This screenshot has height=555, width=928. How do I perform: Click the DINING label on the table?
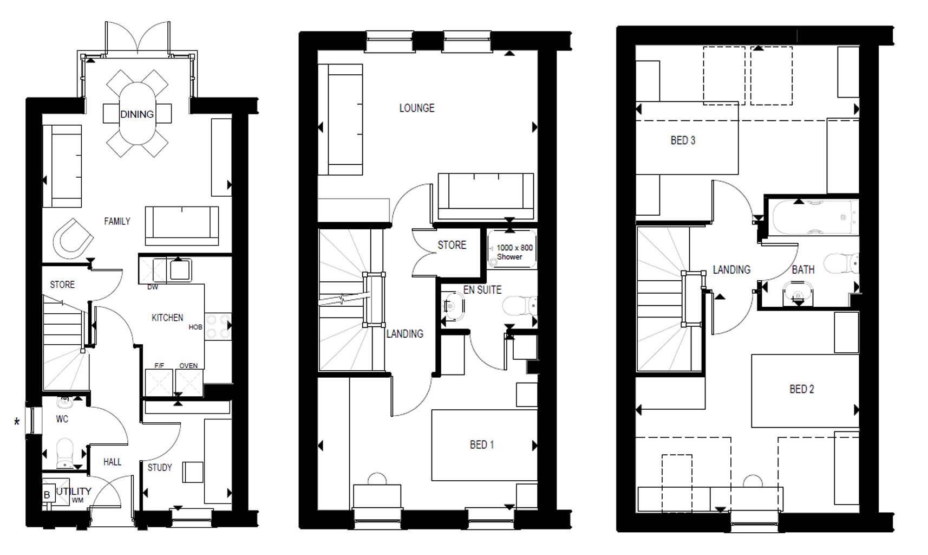coord(137,114)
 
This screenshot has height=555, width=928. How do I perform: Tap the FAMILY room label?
coord(117,221)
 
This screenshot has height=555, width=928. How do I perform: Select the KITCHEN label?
coord(167,318)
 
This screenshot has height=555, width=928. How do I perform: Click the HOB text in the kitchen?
coord(195,327)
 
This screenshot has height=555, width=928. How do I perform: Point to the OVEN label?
coord(188,366)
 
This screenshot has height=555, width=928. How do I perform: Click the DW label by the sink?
coord(153,287)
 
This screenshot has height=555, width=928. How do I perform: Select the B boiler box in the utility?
coord(47,494)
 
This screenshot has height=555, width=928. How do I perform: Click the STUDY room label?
coord(160,467)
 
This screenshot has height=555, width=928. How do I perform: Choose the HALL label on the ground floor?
coord(112,462)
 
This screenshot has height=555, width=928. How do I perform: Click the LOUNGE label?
coord(416,108)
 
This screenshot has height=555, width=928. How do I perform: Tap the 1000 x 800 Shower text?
coord(514,252)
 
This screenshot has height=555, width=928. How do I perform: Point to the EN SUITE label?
coord(482,290)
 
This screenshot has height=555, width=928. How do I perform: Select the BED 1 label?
coord(481,445)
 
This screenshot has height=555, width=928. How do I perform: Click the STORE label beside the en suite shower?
coord(452,245)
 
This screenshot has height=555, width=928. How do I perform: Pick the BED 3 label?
coord(683,140)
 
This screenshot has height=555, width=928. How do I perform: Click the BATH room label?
coord(802,269)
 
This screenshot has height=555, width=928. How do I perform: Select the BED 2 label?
coord(801,389)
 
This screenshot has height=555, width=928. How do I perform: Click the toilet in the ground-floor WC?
coord(64,453)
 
